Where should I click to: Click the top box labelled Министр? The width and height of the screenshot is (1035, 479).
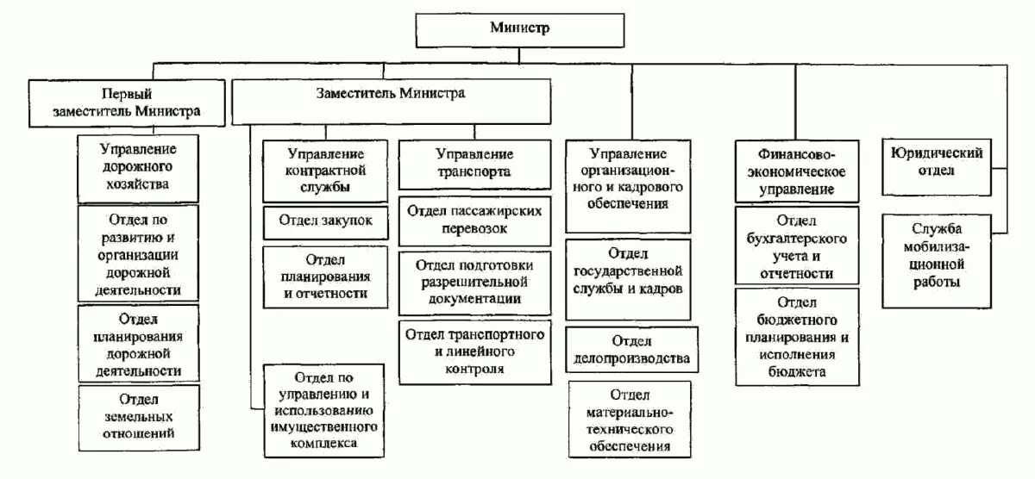pos(519,28)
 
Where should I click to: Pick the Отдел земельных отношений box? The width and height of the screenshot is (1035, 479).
pos(138,417)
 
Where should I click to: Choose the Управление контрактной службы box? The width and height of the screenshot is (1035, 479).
pos(325,171)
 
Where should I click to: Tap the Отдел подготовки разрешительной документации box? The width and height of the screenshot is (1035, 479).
pos(474,282)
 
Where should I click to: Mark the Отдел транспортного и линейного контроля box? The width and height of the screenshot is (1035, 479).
pos(474,351)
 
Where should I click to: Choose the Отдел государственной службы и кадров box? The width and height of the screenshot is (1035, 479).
pos(628,271)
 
